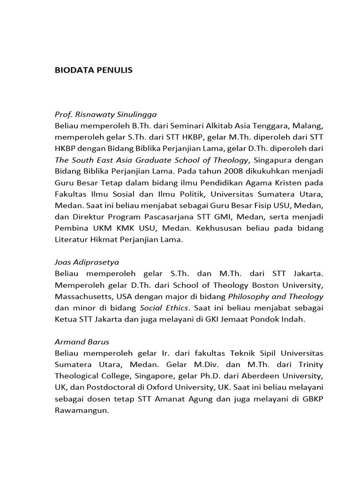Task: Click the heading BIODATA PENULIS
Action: pos(94,70)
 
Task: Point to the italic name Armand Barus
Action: pos(82,342)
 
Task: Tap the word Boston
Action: pos(247,285)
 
